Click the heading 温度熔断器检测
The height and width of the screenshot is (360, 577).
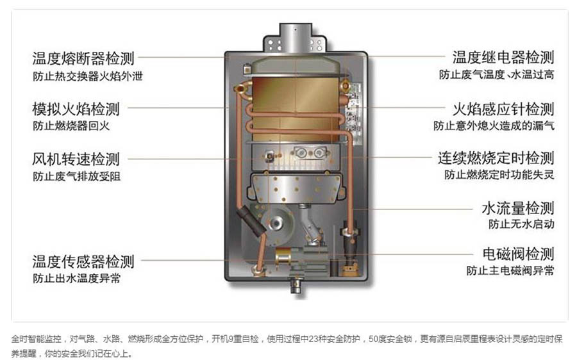tap(83, 58)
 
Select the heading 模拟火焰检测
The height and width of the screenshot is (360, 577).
tap(76, 109)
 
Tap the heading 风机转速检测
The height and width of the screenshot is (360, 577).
tap(76, 160)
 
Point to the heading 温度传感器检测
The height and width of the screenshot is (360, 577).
tap(83, 261)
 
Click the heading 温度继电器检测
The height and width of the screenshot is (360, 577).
tap(503, 58)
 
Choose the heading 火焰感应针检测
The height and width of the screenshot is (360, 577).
tap(503, 109)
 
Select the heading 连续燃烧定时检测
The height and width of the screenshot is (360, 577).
tap(496, 158)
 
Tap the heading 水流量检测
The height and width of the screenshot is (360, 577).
tap(518, 208)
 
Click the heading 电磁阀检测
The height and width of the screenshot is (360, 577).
tap(518, 254)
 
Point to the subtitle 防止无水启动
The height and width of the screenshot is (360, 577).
tap(521, 224)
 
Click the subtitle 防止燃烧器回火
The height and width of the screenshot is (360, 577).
tap(71, 126)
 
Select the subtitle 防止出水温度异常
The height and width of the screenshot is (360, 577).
tap(76, 279)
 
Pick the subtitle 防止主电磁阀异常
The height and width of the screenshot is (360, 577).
tap(510, 271)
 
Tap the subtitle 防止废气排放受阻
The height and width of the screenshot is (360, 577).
tap(76, 177)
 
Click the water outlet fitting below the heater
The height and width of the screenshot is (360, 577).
tap(296, 286)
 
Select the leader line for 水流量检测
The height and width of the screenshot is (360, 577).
tap(412, 209)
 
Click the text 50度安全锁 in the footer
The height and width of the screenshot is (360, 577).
tap(390, 339)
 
